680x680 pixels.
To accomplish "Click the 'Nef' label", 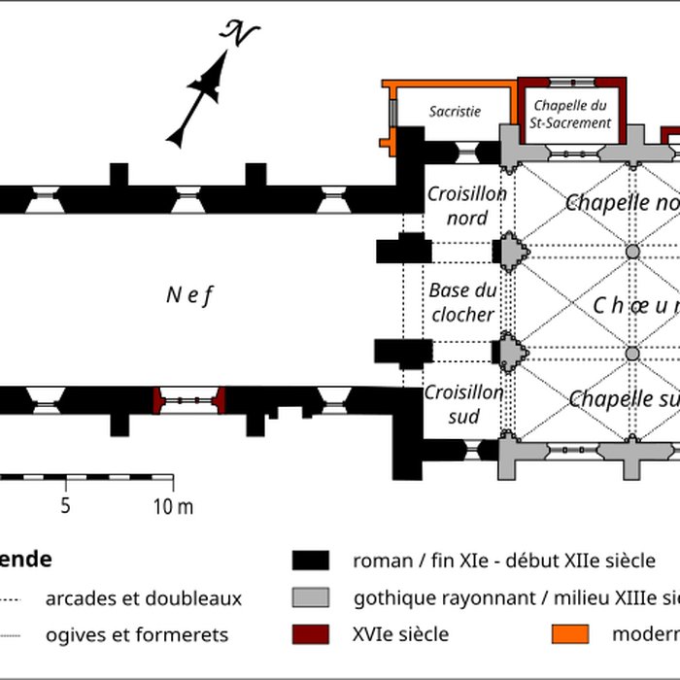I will coord(188,296).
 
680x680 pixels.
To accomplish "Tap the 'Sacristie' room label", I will coord(455,112).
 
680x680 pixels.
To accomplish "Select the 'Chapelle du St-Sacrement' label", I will coord(571,115).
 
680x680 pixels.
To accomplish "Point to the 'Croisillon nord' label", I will coord(467,206).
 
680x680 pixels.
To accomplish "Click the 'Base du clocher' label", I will coord(463,302).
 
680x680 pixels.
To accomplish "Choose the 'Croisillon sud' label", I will coord(463,404).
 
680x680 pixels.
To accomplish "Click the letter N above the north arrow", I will coord(240,35).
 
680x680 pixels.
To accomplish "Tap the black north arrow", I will coord(200,97).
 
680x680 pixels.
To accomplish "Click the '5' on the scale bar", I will coord(66,505).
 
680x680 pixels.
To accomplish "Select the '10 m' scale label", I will coord(173,505).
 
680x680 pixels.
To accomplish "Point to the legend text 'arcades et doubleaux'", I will coord(143,598).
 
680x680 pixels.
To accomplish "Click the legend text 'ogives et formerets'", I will coord(136,634).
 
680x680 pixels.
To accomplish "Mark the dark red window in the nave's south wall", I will coord(189,399).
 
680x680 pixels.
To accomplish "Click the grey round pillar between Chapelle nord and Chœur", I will coord(632,252).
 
